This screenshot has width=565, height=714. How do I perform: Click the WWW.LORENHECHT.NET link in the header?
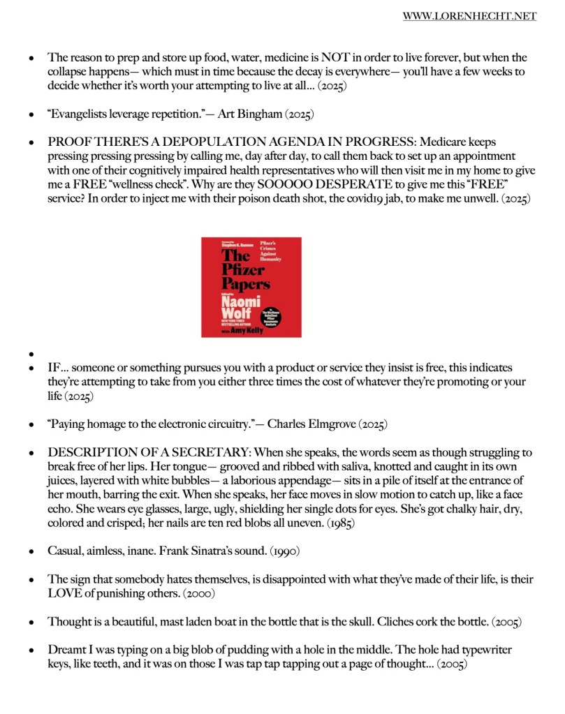(x=469, y=16)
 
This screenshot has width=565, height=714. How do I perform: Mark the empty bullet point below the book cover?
(x=30, y=353)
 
